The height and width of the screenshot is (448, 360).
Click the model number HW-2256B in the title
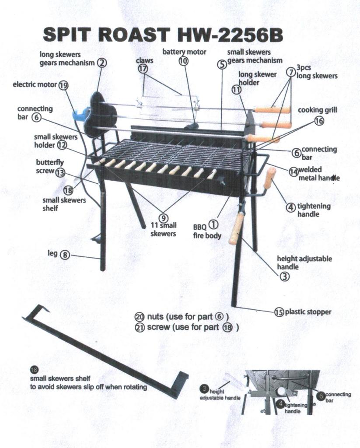coord(230,35)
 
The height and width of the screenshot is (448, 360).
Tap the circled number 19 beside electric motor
coord(63,85)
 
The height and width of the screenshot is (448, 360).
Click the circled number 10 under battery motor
coord(184,60)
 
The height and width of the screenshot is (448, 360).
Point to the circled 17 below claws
coord(143,69)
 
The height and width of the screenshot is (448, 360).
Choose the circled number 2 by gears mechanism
coord(102,63)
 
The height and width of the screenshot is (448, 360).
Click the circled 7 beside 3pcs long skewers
coord(291,72)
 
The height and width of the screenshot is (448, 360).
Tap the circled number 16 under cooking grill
coord(319,121)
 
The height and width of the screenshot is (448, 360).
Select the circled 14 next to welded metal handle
coord(294,171)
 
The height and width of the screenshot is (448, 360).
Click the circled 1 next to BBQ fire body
coord(214,225)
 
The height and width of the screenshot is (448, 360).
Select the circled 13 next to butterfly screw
coord(60,172)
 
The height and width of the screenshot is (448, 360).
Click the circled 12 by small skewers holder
coord(62,145)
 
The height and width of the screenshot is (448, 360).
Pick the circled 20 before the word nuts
coord(139,317)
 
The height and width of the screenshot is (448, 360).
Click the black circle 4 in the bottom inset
coord(280,403)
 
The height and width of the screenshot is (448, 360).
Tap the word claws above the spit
coord(144,60)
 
